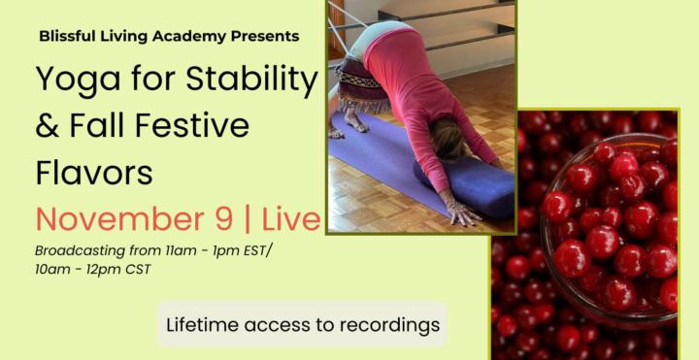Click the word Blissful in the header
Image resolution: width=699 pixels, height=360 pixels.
pyautogui.click(x=67, y=36)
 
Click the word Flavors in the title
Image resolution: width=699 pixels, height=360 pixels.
pyautogui.click(x=94, y=171)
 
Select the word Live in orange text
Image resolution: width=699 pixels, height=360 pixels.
pyautogui.click(x=287, y=217)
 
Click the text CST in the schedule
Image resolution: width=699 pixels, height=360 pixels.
pyautogui.click(x=138, y=269)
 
